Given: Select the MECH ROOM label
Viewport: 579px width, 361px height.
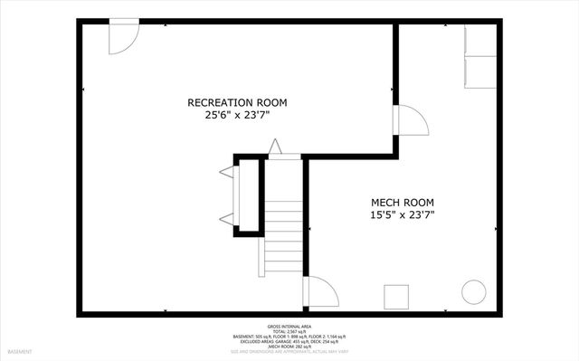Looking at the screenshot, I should (403, 202).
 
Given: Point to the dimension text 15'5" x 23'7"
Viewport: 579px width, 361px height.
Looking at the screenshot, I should (403, 215).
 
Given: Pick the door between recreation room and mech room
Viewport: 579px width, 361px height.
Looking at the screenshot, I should (412, 121).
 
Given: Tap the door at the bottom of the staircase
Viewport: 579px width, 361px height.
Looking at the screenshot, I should (321, 292).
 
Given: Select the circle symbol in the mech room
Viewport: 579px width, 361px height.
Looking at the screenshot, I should (474, 291).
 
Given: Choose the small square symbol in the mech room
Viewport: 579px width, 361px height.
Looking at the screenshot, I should (396, 297).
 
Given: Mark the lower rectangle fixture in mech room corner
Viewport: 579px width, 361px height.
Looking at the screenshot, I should (480, 72).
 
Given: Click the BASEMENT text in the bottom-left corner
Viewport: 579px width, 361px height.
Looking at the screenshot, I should (20, 351).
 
